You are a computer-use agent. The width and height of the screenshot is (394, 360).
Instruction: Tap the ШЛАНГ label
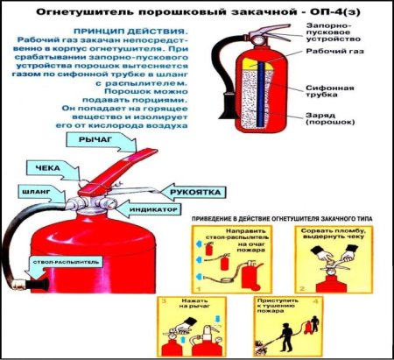tap(28, 189)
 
